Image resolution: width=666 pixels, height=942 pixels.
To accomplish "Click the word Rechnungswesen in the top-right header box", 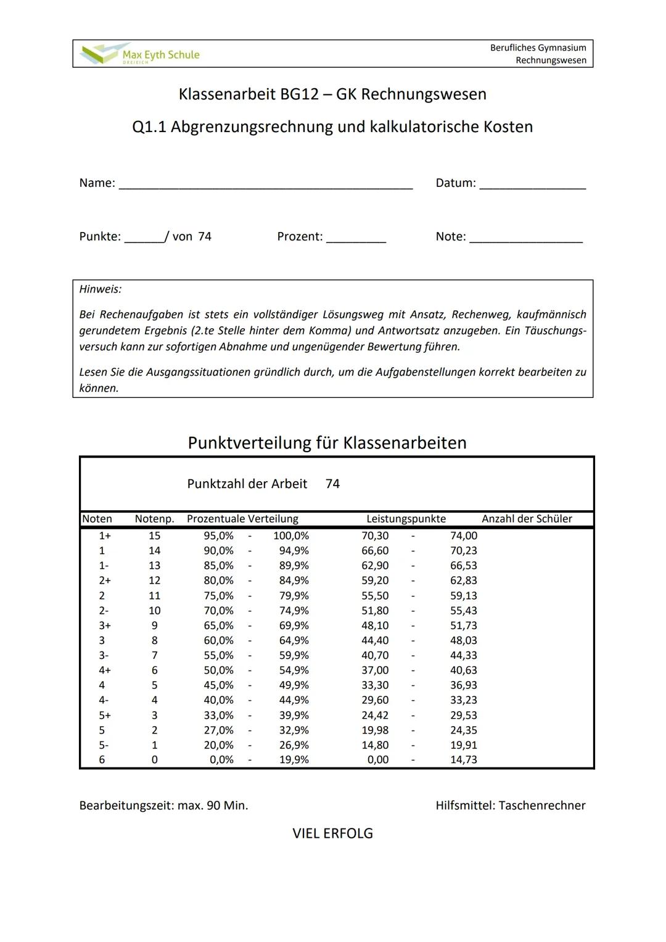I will [x=551, y=60].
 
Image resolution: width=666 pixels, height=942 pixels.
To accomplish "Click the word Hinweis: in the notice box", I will [x=101, y=289].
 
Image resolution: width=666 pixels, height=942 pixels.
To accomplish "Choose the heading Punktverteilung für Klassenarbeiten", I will [x=327, y=443].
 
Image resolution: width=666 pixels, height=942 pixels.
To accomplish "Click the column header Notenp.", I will [x=154, y=519].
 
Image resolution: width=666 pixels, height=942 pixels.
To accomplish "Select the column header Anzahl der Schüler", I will [x=527, y=519].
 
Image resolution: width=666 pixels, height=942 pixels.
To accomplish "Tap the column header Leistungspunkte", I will [x=406, y=519].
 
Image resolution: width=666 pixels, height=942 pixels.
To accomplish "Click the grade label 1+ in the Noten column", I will [x=104, y=535].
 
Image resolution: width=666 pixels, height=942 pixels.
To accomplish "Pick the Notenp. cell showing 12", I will [x=154, y=580].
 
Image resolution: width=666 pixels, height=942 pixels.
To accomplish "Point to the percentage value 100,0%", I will [x=291, y=535].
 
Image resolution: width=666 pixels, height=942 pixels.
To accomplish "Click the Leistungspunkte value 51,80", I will [x=375, y=611].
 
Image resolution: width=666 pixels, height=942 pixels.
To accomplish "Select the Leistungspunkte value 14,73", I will [x=463, y=760].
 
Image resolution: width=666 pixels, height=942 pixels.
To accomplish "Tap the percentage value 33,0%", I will [x=218, y=716].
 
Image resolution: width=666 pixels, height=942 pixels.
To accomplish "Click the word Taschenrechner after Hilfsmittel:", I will [x=542, y=806].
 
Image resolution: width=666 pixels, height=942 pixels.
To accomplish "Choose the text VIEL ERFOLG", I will [x=332, y=834].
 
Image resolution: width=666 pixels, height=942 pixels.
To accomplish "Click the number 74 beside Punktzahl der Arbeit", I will [x=332, y=484].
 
